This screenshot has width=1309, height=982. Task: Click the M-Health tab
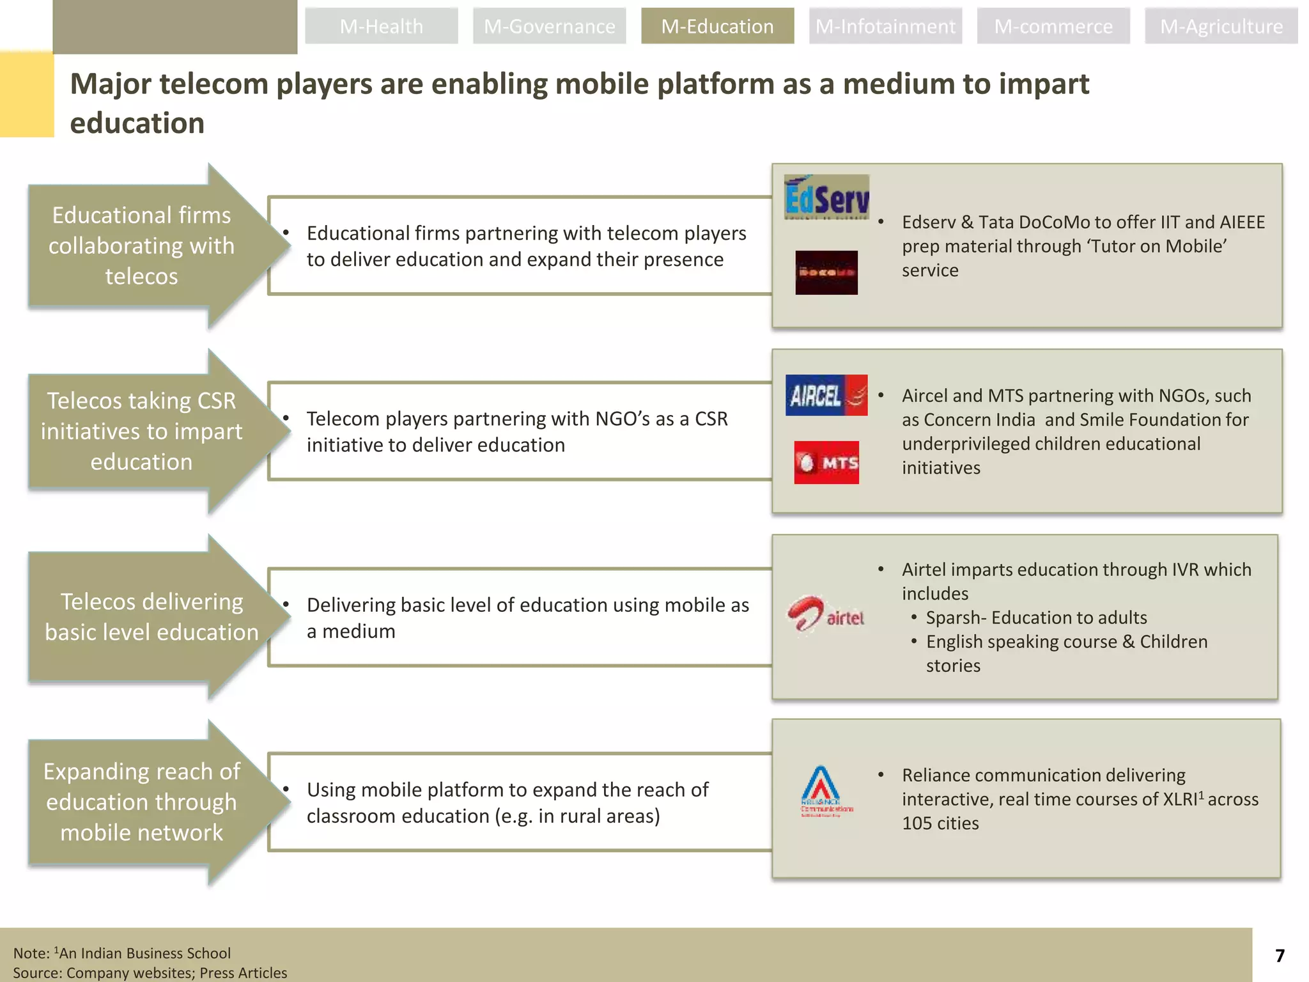point(381,26)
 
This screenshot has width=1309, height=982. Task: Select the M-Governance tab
point(549,26)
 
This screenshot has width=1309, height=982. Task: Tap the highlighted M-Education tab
point(717,26)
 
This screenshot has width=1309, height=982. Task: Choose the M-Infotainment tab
point(885,26)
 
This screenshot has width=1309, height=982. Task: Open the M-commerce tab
point(1053,26)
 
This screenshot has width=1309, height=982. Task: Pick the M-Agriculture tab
point(1221,26)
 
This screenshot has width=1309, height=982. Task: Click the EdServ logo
point(826,197)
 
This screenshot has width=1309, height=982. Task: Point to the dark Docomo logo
point(826,272)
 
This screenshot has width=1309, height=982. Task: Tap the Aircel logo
point(826,395)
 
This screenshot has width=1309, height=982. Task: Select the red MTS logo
point(826,462)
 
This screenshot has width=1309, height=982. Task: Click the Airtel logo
point(826,615)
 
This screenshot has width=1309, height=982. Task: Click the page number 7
point(1280,956)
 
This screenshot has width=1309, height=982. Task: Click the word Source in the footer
point(37,973)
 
